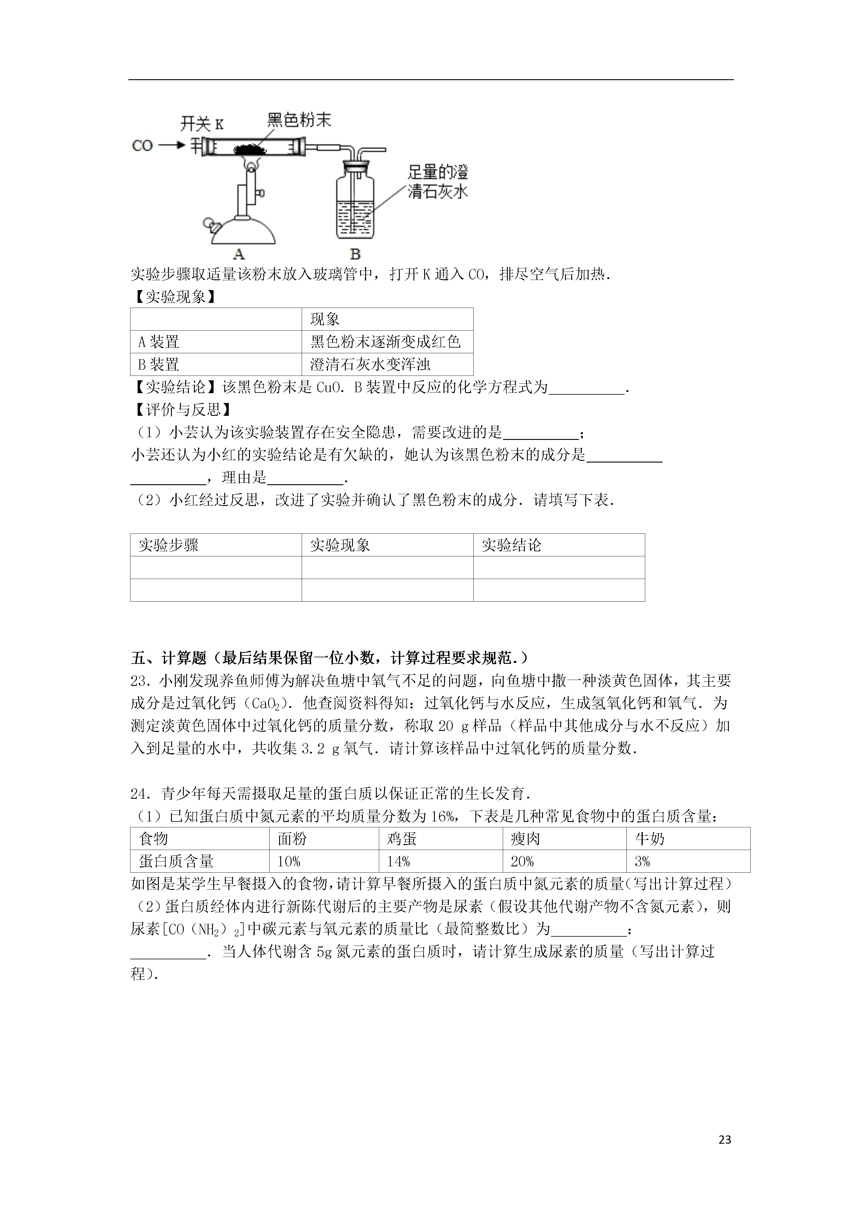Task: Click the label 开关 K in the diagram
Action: point(202,124)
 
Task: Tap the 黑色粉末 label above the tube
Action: point(299,120)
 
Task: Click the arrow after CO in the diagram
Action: point(171,145)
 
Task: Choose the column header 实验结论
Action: point(511,545)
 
